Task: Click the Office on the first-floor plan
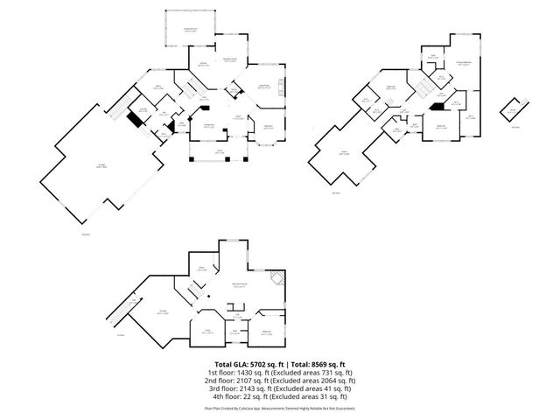click(x=159, y=87)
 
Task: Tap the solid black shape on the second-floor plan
click(x=435, y=108)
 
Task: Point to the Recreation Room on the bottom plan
click(x=239, y=285)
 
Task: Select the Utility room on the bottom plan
click(x=208, y=332)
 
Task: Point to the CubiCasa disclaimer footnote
click(x=280, y=408)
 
